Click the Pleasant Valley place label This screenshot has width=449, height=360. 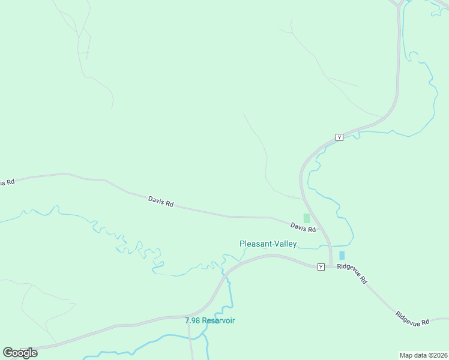coord(268,244)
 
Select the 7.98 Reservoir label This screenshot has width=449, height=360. coord(209,320)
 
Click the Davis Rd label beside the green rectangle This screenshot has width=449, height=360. coord(303,227)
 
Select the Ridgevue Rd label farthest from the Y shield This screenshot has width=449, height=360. coord(412,319)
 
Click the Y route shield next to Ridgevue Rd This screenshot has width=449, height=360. coord(321,266)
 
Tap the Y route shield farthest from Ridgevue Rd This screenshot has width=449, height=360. coord(339,137)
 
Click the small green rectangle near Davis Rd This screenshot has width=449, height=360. coord(307,218)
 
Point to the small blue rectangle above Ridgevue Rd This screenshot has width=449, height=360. coord(342,256)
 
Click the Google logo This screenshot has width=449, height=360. coord(20,352)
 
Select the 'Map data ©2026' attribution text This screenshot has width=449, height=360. coord(423,355)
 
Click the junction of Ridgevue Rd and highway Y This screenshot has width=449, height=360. coord(331,266)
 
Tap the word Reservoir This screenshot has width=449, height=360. coord(218,320)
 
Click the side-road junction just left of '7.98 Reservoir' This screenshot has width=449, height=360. coord(188,317)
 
